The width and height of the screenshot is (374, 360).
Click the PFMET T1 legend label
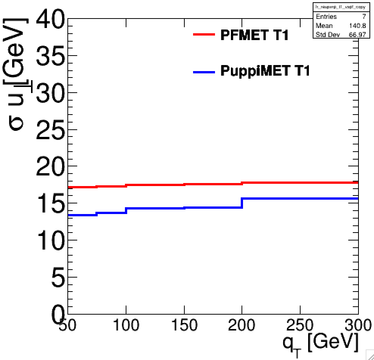pos(254,35)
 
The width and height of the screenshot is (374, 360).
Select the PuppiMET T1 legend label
pos(265,71)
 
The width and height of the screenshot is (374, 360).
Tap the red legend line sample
pos(204,34)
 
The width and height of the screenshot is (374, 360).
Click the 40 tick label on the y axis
pos(51,19)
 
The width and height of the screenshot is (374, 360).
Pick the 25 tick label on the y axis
pos(51,129)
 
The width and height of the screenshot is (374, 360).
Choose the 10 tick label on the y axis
pos(51,240)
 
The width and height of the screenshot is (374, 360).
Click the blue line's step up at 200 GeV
pos(242,203)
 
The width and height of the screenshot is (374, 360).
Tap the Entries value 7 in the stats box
pos(364,17)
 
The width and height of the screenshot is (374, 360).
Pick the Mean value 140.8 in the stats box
pos(357,26)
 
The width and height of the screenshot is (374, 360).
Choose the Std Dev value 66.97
pos(357,35)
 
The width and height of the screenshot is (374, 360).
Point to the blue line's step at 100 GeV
pos(126,210)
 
